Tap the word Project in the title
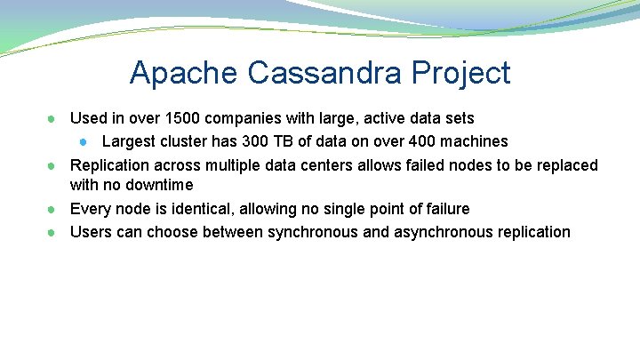(465, 73)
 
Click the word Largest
(127, 141)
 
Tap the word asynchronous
(438, 232)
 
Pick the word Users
(91, 232)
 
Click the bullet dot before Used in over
(53, 119)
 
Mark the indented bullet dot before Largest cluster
(83, 142)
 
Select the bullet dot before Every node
(53, 210)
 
